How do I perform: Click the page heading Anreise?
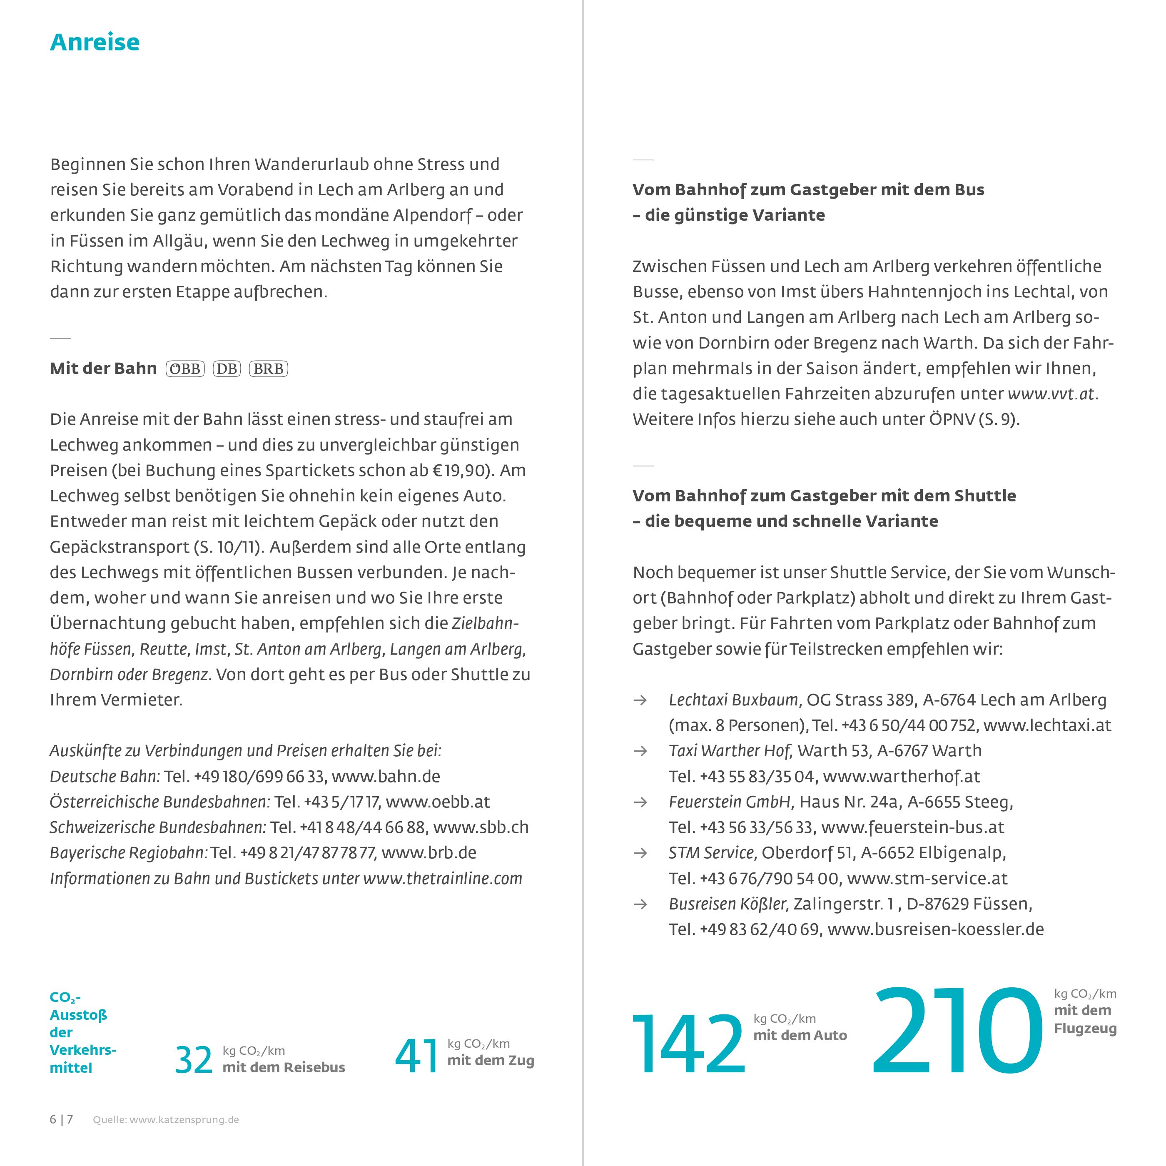click(x=95, y=42)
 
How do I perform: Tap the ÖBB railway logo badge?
click(x=185, y=369)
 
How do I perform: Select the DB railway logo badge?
click(x=227, y=369)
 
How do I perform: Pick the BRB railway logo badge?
click(x=269, y=369)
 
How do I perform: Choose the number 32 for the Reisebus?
click(x=194, y=1060)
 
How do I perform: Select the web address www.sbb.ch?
click(x=481, y=827)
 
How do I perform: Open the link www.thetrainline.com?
click(x=442, y=878)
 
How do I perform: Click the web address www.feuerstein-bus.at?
click(x=912, y=827)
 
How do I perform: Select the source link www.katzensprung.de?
click(x=184, y=1119)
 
